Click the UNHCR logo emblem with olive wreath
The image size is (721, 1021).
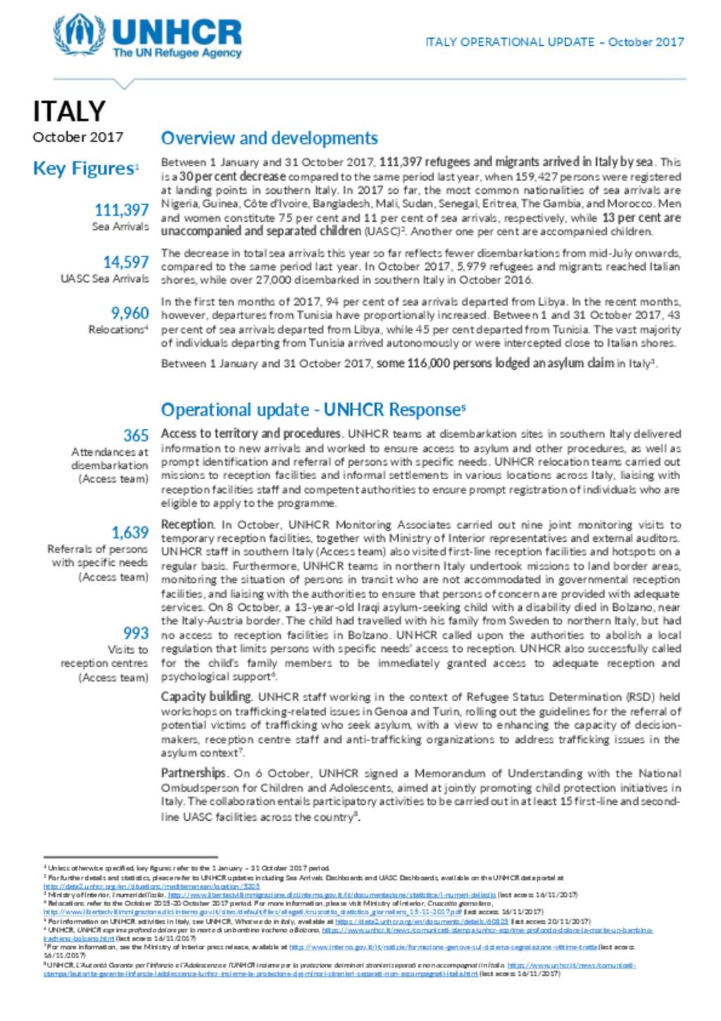79,35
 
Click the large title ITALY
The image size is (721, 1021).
69,111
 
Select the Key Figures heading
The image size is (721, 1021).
84,168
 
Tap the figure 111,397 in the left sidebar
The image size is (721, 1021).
122,210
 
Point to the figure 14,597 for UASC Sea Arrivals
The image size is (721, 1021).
126,262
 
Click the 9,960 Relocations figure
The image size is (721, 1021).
130,313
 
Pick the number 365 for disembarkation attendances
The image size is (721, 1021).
136,435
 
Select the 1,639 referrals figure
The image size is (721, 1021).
130,533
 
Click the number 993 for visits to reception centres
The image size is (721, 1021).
136,633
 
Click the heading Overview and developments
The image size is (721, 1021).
269,138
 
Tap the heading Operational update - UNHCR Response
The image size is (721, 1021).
312,409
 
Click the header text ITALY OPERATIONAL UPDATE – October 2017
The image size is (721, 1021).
554,42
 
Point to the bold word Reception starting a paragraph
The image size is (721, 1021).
187,524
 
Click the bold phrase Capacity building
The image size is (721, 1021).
206,696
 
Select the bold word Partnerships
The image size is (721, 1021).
194,772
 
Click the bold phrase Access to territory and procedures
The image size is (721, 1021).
251,433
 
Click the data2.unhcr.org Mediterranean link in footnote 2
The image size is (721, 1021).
151,886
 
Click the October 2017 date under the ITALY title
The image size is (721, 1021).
77,137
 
